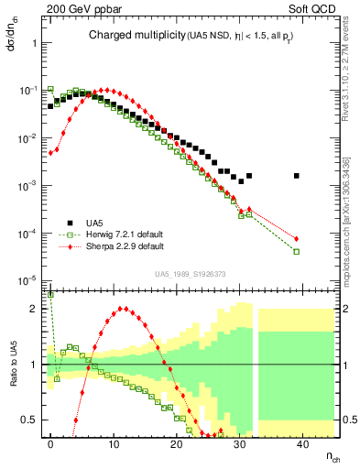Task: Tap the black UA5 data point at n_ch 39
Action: click(x=296, y=176)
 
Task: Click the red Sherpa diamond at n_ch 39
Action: click(x=296, y=239)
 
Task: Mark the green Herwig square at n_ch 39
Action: click(x=296, y=251)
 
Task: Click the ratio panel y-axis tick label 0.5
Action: click(x=29, y=420)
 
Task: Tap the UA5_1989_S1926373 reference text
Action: click(x=191, y=274)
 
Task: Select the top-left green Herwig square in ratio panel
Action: click(x=50, y=295)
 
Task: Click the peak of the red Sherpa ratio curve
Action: click(x=124, y=308)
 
